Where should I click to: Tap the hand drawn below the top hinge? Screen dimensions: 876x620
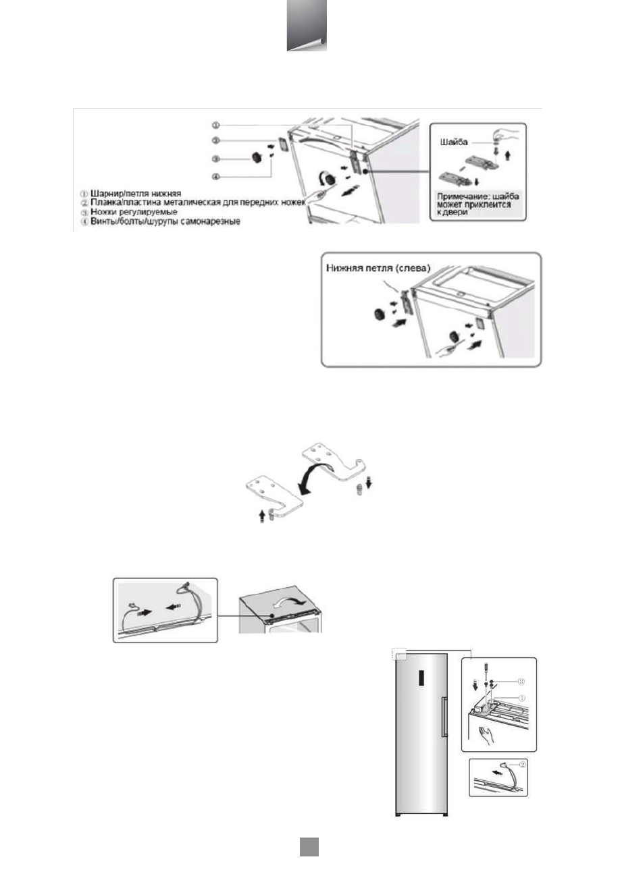point(484,735)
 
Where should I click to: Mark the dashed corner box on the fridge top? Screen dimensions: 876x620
point(398,654)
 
